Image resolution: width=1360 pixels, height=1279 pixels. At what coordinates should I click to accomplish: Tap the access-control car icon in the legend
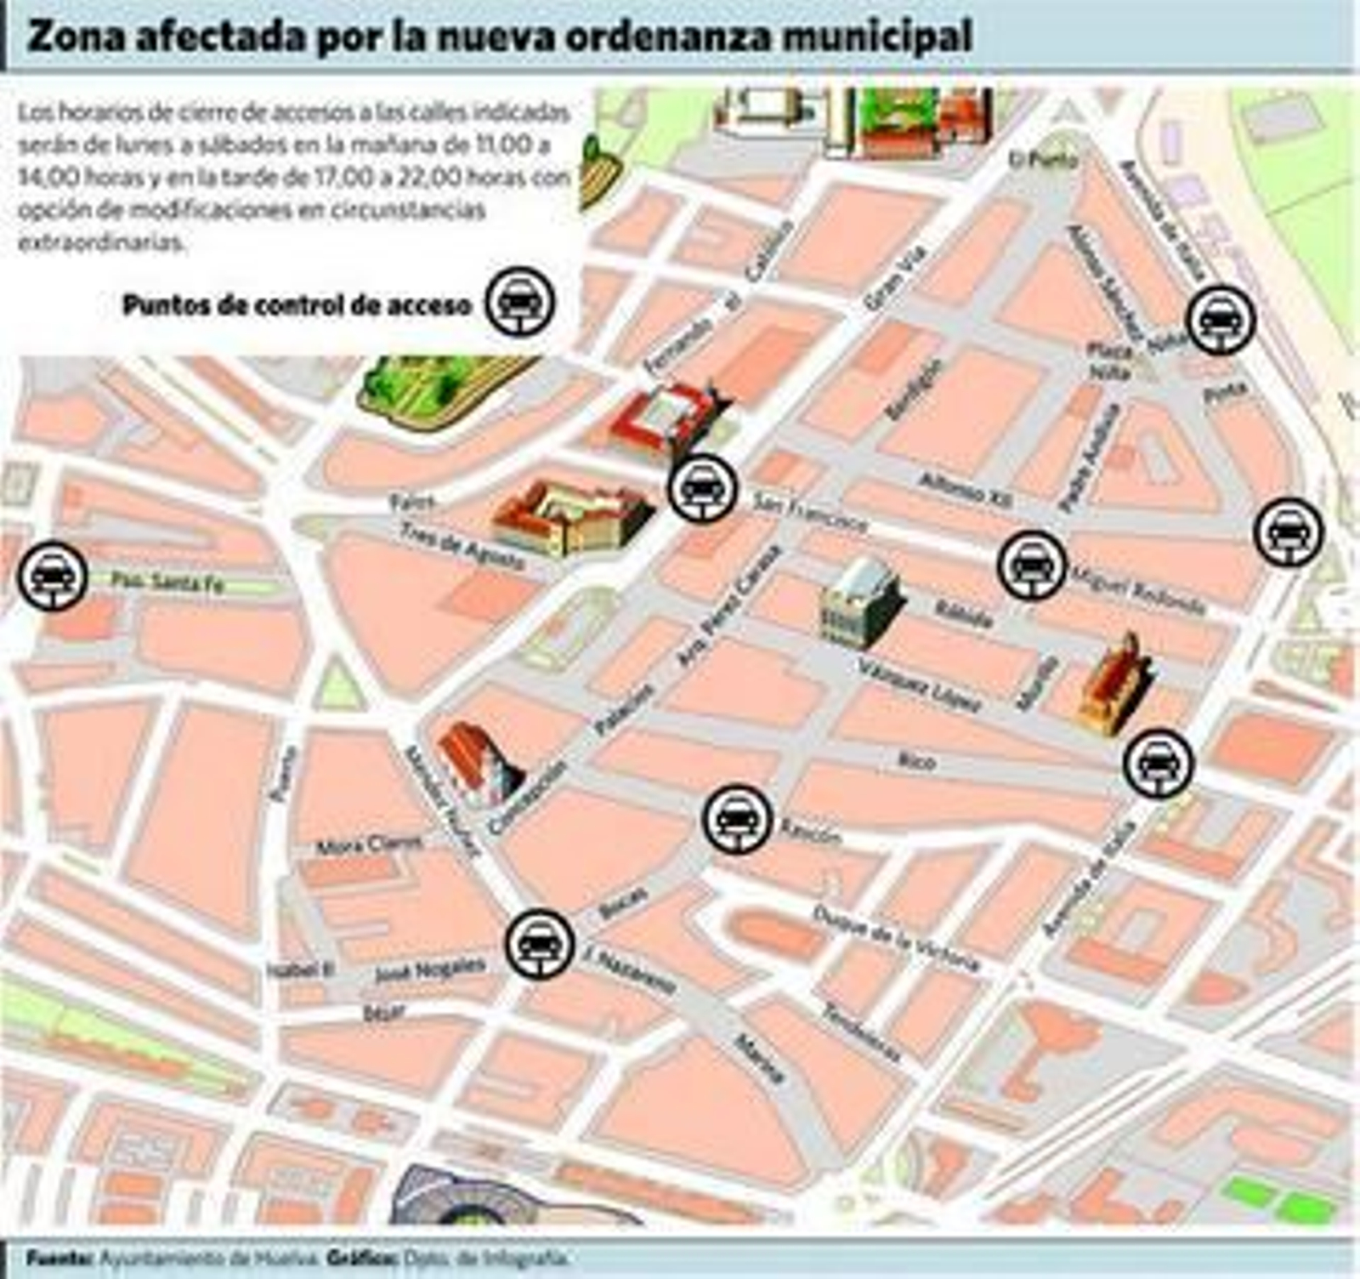[519, 303]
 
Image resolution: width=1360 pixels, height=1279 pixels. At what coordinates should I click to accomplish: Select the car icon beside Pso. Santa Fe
[53, 577]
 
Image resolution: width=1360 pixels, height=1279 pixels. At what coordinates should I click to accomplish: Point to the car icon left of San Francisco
[703, 488]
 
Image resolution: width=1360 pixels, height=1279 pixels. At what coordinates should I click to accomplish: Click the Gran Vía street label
[893, 277]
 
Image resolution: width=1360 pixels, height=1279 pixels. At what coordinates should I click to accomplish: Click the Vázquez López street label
[920, 685]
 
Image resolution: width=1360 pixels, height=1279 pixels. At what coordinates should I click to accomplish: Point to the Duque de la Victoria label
[896, 938]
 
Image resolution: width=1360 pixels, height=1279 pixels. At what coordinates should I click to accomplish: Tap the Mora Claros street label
[369, 845]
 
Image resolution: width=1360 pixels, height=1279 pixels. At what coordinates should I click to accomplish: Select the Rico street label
[918, 760]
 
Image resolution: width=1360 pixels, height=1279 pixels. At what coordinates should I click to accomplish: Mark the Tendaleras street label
[861, 1033]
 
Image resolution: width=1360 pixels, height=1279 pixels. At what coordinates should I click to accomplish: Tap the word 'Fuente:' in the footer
[59, 1258]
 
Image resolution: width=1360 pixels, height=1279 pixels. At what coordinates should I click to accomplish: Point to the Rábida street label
[963, 614]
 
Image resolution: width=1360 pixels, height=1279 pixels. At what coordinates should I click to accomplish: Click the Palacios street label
[625, 708]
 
